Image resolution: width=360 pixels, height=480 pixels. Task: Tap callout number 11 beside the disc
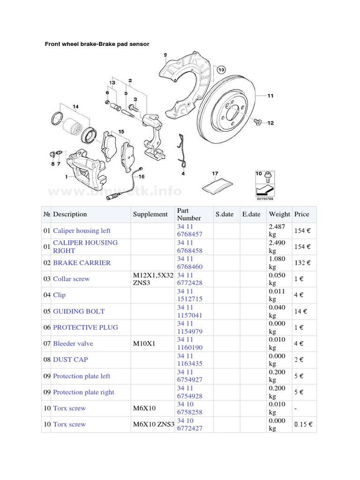pos(270,96)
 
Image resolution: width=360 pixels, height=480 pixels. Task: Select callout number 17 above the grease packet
pos(215,174)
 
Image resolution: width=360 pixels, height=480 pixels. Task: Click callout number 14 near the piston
pos(75,107)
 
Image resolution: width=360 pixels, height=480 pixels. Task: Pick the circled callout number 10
pos(221,71)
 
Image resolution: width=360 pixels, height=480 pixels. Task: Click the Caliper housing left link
pos(82,231)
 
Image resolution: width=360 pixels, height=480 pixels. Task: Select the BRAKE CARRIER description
pos(82,262)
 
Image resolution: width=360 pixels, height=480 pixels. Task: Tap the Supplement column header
pos(150,214)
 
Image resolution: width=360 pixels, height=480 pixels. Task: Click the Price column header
pos(301,214)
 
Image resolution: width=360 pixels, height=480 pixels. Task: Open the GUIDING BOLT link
pos(79,311)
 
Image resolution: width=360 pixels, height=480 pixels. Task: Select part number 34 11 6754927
pos(190,376)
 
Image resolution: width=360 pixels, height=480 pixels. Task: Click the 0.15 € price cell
pos(302,425)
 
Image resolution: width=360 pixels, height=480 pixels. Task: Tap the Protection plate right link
pos(83,392)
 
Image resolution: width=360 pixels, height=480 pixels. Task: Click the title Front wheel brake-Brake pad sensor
pos(97,44)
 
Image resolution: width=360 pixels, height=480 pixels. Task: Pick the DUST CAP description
pos(70,360)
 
